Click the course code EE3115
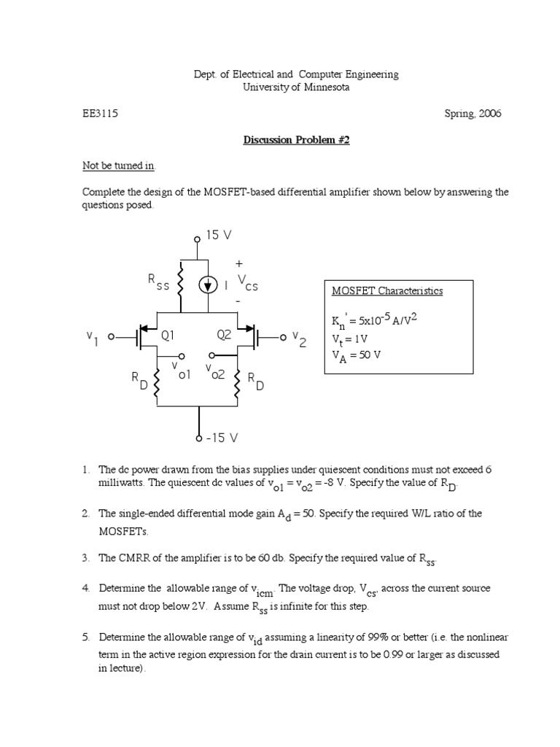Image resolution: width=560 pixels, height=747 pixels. [x=100, y=114]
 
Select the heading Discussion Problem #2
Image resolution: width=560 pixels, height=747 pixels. [x=296, y=140]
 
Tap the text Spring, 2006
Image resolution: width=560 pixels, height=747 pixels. [x=472, y=114]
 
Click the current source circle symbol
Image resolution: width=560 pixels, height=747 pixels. [x=209, y=285]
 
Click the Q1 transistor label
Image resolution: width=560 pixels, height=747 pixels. [x=168, y=336]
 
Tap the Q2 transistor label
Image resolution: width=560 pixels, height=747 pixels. [x=224, y=336]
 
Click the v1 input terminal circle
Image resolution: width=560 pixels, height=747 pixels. [x=112, y=337]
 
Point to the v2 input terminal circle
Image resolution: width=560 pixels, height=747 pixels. [x=283, y=337]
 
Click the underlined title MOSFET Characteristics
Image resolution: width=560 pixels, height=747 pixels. [x=387, y=290]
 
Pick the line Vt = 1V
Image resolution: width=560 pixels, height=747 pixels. [x=351, y=338]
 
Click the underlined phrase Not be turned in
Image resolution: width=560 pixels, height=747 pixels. [x=119, y=166]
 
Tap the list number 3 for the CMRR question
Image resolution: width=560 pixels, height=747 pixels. [x=85, y=558]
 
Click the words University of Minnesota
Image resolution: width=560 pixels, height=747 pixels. [x=296, y=88]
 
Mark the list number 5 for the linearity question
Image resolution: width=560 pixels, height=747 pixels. [x=85, y=637]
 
